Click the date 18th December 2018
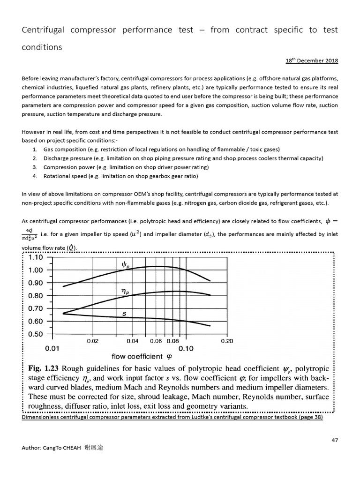pyautogui.click(x=312, y=61)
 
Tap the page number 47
pyautogui.click(x=334, y=440)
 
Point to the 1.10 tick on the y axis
pyautogui.click(x=36, y=257)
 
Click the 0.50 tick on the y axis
pyautogui.click(x=36, y=334)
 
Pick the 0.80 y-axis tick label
pyautogui.click(x=36, y=296)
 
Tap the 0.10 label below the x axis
pyautogui.click(x=187, y=349)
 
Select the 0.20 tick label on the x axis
pyautogui.click(x=227, y=341)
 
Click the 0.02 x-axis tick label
pyautogui.click(x=92, y=341)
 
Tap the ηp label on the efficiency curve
pyautogui.click(x=125, y=292)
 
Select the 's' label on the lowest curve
pyautogui.click(x=124, y=315)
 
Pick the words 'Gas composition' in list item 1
pyautogui.click(x=63, y=149)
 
